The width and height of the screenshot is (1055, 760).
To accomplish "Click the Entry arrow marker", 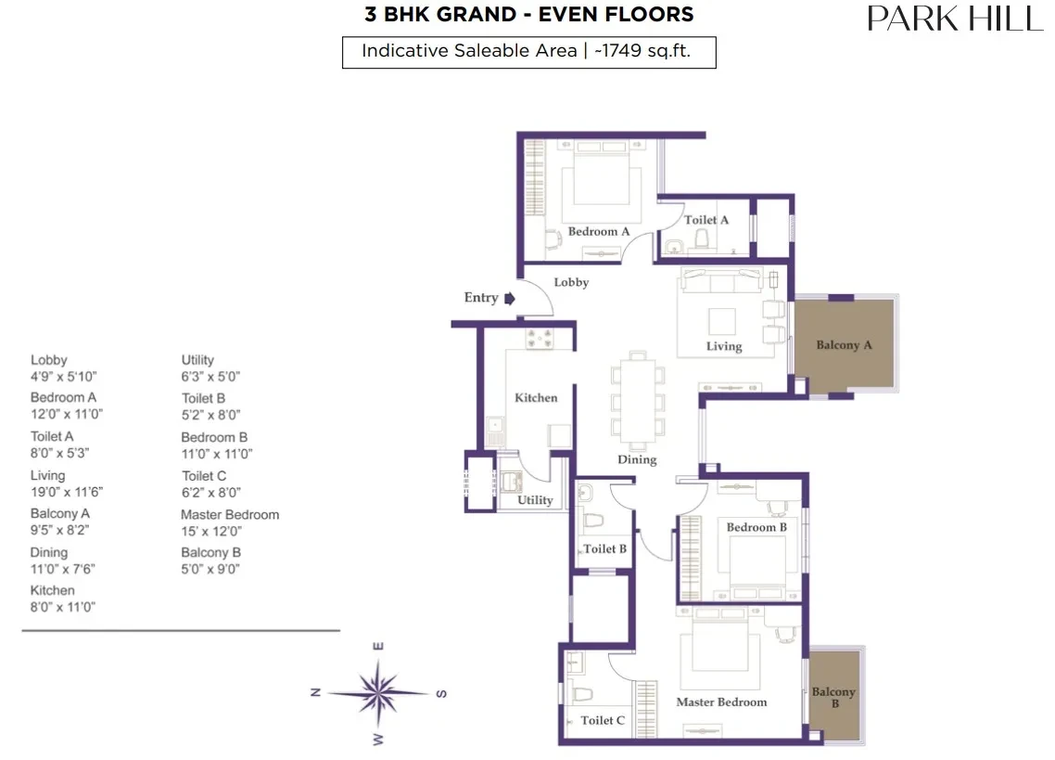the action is [510, 299].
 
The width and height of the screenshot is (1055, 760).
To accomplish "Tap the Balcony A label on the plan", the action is [844, 345].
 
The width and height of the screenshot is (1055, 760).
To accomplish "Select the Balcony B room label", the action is [833, 697].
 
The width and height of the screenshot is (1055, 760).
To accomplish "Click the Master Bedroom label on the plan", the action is [721, 702].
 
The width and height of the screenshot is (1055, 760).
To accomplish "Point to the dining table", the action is [638, 400].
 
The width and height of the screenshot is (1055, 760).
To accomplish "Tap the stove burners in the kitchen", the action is [540, 338].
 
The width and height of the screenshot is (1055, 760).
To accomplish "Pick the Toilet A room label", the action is [706, 220].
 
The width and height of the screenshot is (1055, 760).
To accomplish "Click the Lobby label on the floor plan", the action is [571, 282].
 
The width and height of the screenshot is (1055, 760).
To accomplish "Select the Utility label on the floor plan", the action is [535, 500].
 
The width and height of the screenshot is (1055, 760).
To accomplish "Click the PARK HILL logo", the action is [956, 19].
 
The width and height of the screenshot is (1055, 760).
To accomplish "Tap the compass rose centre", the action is [378, 692].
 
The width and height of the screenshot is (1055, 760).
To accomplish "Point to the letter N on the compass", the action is [315, 692].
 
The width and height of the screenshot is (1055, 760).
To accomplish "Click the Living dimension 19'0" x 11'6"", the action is [67, 493].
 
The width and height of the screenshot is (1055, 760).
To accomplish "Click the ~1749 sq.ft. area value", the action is [642, 50].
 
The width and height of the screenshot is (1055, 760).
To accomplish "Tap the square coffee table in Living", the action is [722, 321].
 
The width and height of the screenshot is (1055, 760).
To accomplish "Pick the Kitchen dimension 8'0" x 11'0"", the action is [62, 607].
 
